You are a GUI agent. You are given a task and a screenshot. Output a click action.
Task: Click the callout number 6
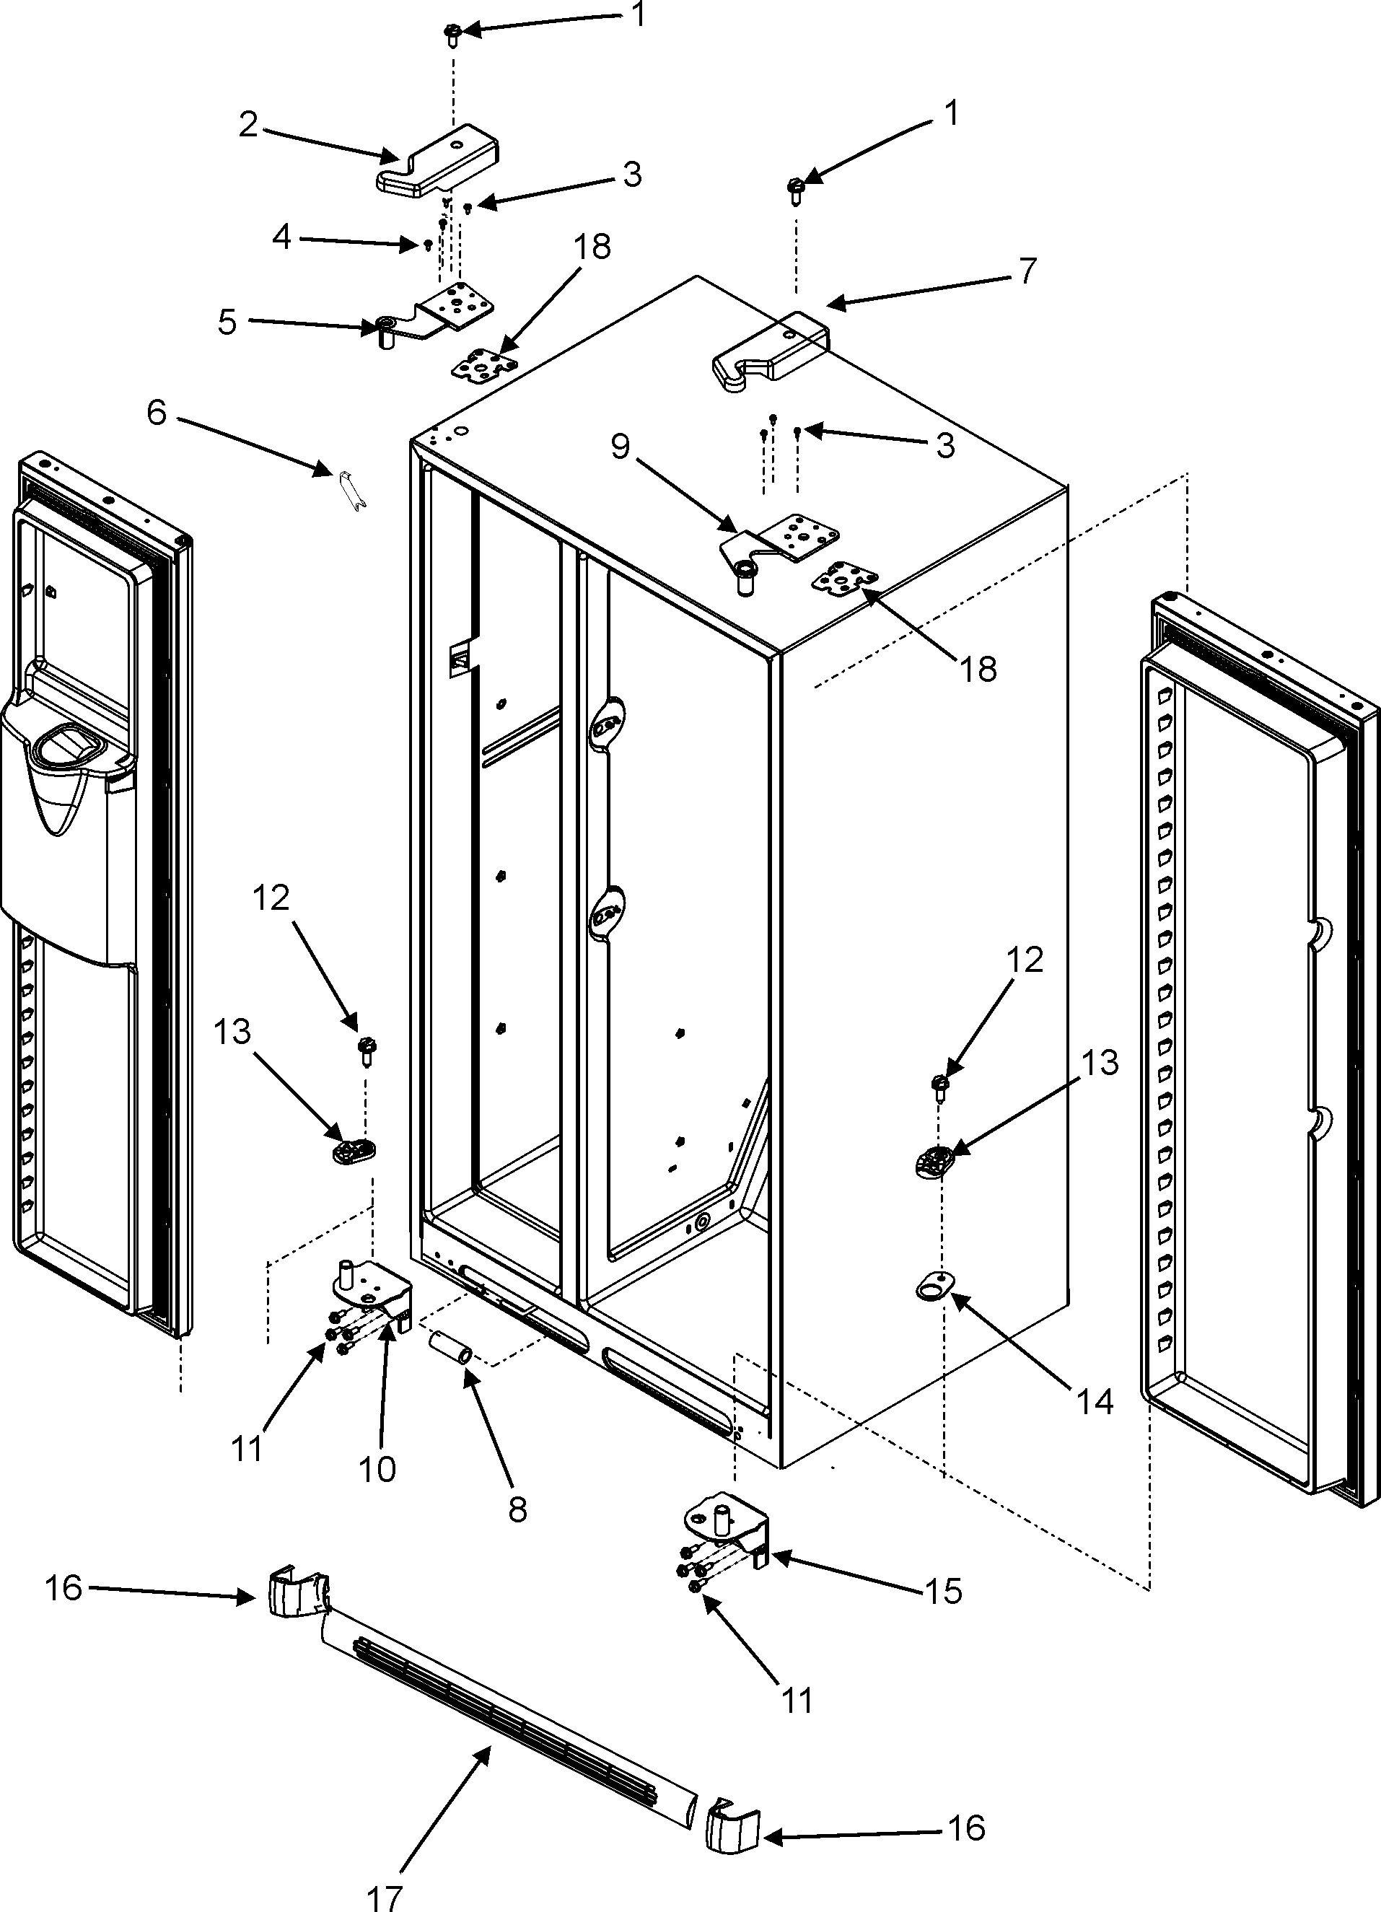pos(157,413)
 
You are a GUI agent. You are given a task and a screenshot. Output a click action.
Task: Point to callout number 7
pos(1027,271)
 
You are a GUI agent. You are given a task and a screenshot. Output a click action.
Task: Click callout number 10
pos(377,1470)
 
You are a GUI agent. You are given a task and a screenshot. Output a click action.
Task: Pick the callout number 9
pos(621,446)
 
